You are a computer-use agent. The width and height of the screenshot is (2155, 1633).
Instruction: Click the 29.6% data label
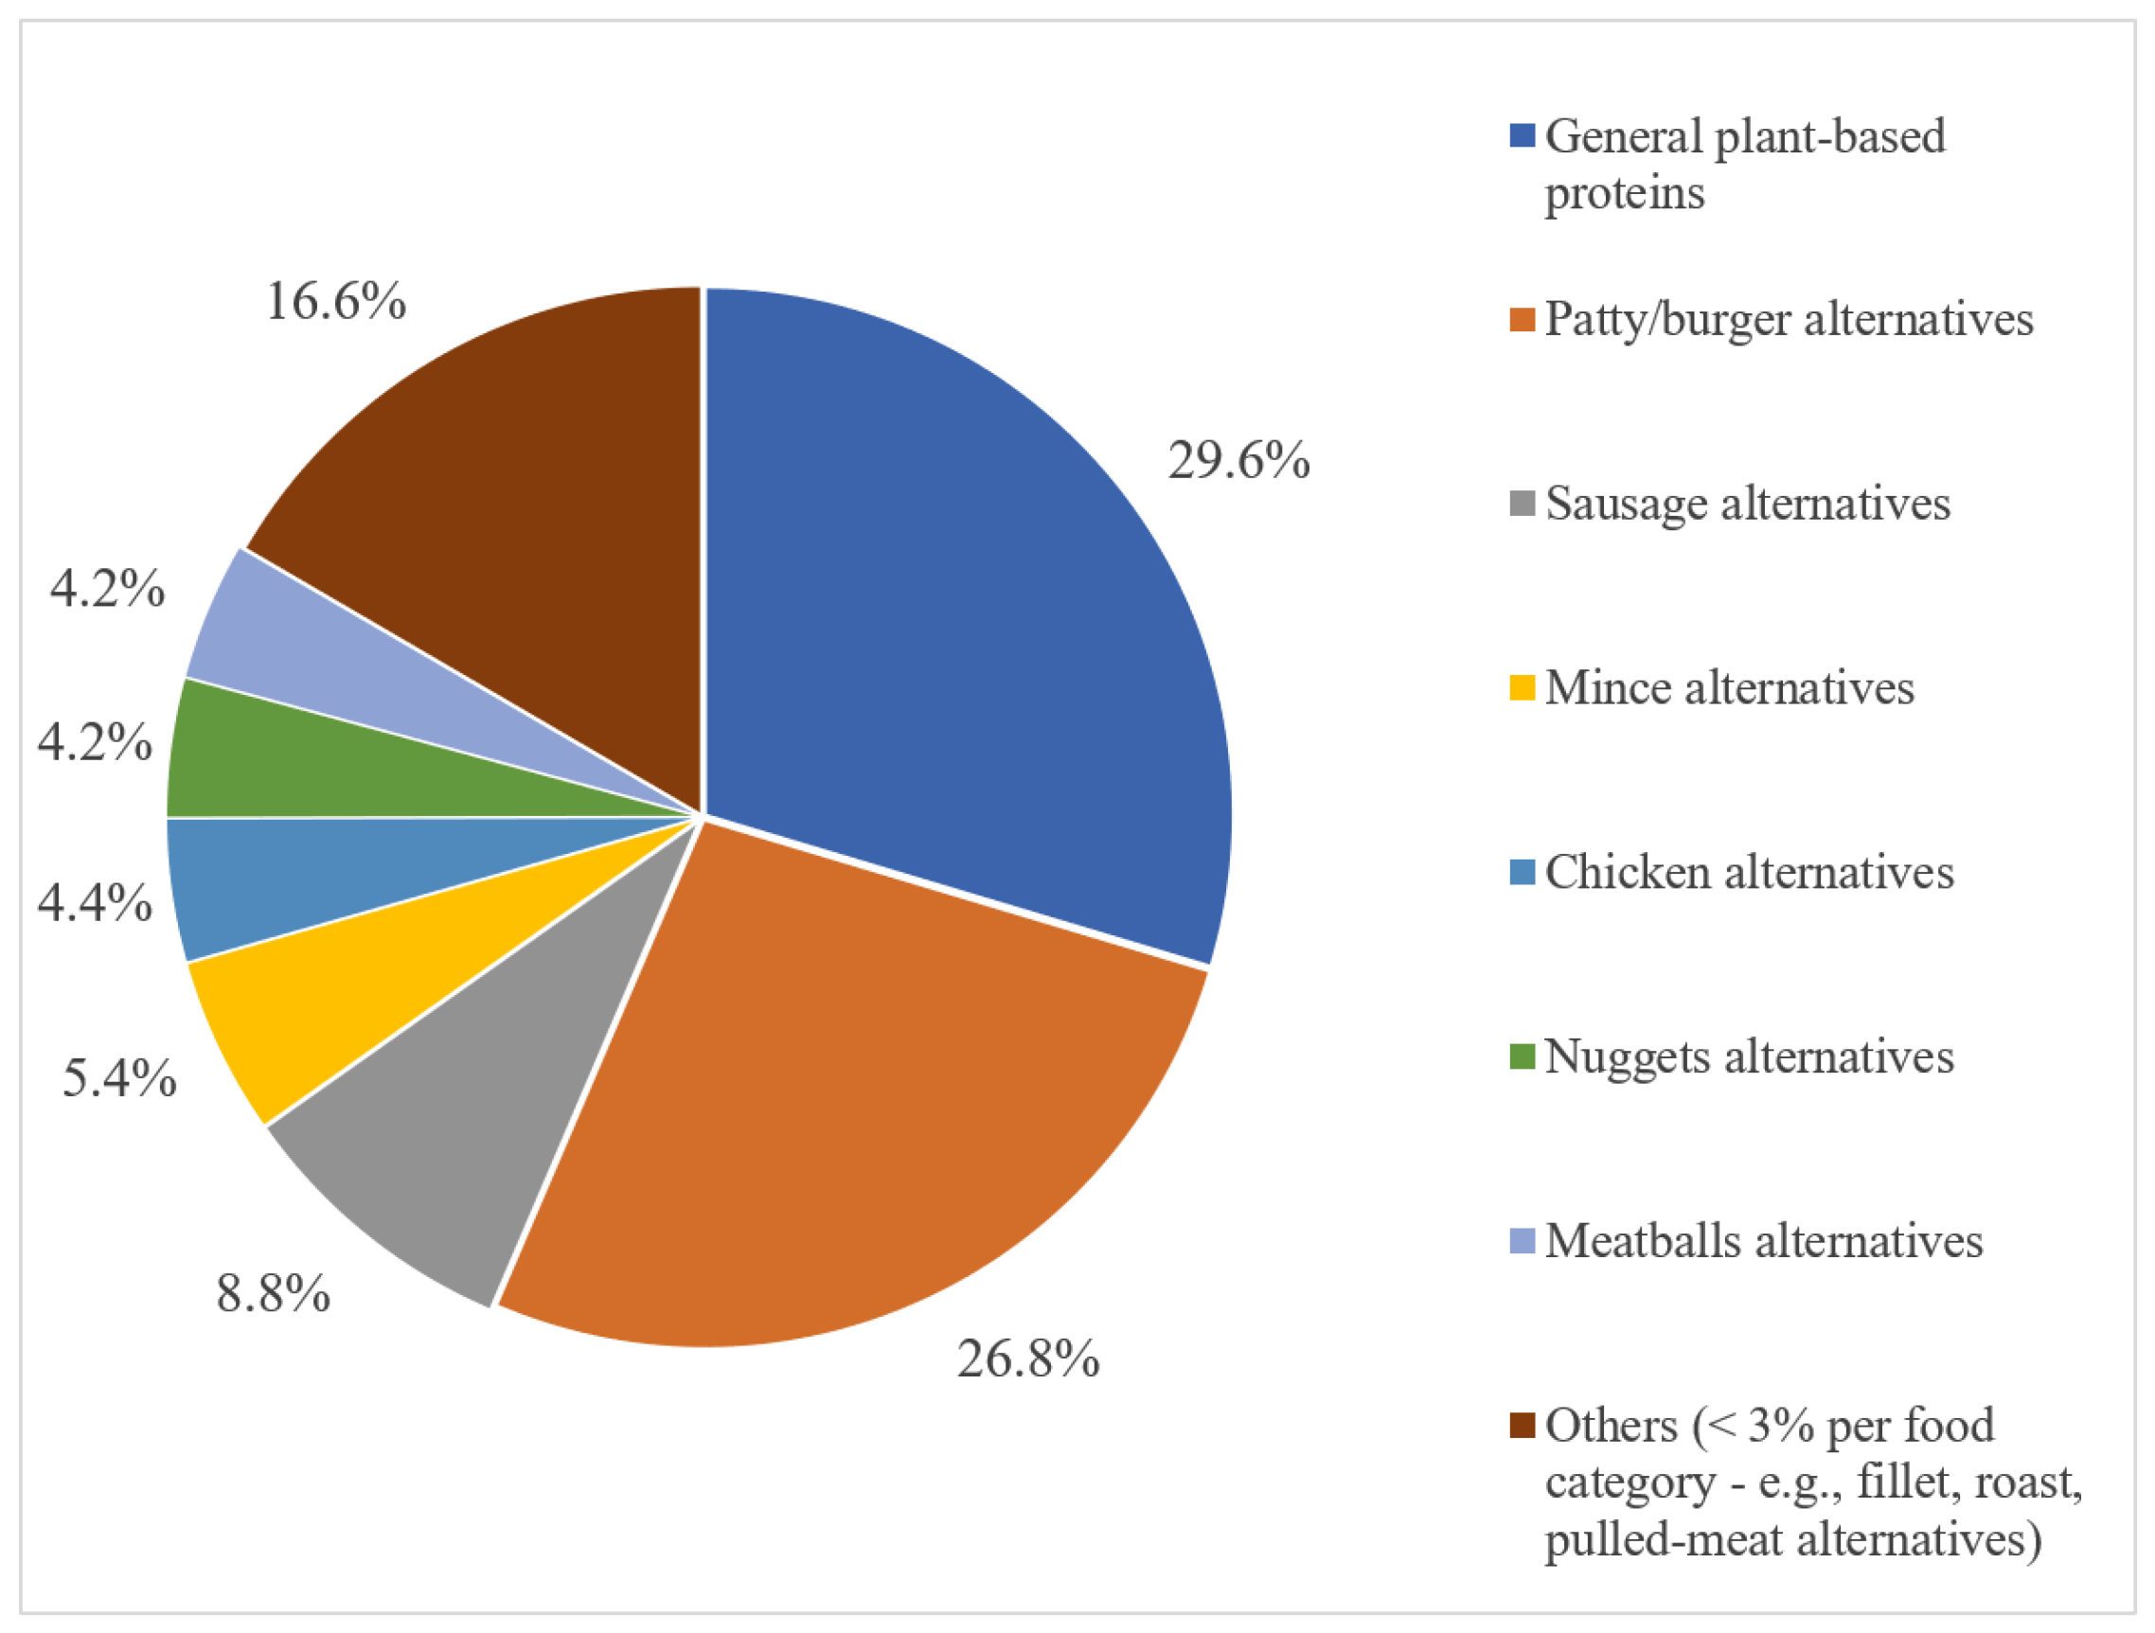(x=1238, y=460)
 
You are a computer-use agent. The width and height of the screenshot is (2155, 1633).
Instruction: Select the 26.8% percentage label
(x=1028, y=1358)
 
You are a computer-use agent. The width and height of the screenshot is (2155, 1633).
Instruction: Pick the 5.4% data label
(x=120, y=1077)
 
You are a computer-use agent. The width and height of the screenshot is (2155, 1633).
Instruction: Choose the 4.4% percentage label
(x=96, y=901)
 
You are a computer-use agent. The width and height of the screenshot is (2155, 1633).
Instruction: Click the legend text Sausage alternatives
(x=1748, y=504)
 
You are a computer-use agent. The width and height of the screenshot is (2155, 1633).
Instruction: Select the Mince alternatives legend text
(x=1729, y=688)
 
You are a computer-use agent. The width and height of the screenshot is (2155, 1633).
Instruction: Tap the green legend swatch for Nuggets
(x=1522, y=1056)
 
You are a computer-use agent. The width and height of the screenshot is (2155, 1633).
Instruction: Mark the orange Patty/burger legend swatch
(x=1522, y=320)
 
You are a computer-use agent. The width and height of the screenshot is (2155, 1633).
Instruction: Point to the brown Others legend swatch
(x=1522, y=1426)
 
